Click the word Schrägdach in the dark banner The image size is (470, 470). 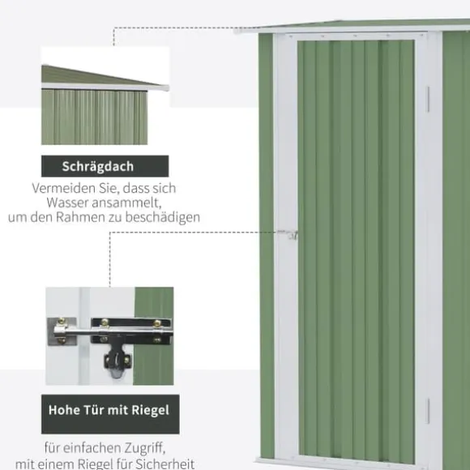(98, 167)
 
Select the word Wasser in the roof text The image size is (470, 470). (67, 203)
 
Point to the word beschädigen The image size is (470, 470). (162, 217)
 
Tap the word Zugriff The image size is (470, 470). (146, 449)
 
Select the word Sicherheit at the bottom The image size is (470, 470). (165, 464)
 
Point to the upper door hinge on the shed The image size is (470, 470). (428, 99)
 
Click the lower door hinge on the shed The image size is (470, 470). (428, 411)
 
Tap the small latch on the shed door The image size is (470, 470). (288, 234)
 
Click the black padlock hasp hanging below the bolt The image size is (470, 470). (117, 360)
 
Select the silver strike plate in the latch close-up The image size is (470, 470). (62, 331)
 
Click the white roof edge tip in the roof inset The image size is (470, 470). (165, 88)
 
